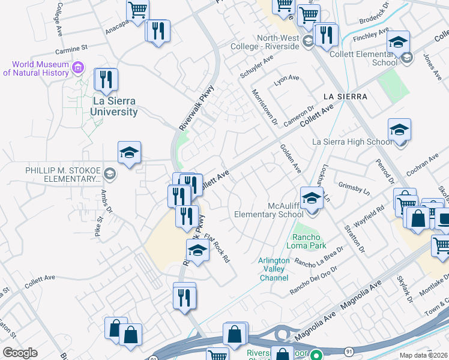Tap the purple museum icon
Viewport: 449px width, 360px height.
(77, 67)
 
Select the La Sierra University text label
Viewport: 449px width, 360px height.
(114, 106)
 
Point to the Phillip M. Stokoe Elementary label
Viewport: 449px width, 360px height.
(62, 174)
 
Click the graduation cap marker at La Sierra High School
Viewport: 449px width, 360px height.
(399, 130)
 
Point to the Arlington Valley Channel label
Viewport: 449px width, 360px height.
(273, 269)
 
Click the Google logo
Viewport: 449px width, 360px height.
(20, 353)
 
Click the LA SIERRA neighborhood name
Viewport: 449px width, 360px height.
(345, 96)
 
